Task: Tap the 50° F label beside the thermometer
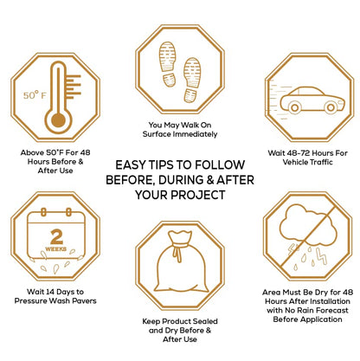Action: [35, 95]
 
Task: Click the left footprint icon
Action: [168, 64]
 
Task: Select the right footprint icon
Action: [192, 80]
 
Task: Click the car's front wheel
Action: [331, 107]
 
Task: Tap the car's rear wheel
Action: [294, 107]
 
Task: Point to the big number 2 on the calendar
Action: [56, 237]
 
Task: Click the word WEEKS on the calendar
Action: [56, 249]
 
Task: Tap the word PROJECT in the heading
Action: [197, 195]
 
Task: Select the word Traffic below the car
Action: [320, 162]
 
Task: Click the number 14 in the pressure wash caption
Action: [50, 292]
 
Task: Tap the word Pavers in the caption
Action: [84, 301]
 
